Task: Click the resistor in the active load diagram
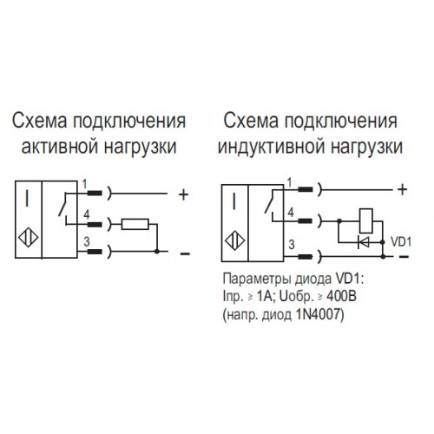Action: (x=135, y=224)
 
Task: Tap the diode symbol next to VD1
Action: (x=364, y=242)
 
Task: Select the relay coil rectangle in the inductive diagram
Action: (x=366, y=220)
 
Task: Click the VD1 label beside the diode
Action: (x=401, y=242)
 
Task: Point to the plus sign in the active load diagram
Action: (x=184, y=194)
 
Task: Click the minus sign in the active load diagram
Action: (x=185, y=254)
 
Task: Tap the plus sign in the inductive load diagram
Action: (x=403, y=190)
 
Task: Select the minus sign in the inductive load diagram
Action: (x=404, y=257)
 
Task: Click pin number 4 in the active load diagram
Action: (x=87, y=214)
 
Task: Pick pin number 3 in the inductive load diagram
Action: (x=292, y=245)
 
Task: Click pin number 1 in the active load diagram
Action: (x=84, y=184)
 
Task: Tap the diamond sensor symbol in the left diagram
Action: (x=29, y=238)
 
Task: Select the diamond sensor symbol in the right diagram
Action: (x=235, y=240)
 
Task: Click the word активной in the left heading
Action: (x=60, y=147)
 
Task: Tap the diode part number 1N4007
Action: (x=319, y=314)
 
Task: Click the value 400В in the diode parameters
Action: (x=341, y=296)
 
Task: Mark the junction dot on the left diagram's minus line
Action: (x=157, y=252)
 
